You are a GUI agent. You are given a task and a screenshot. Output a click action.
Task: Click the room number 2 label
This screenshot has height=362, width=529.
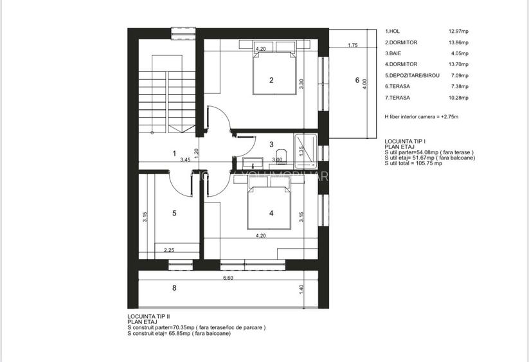(271, 80)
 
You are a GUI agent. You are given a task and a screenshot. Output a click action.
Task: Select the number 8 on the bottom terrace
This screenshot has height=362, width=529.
(174, 288)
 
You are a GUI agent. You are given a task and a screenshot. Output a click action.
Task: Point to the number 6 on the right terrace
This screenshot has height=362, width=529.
(357, 80)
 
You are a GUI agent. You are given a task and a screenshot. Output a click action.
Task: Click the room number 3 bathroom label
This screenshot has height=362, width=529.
(271, 144)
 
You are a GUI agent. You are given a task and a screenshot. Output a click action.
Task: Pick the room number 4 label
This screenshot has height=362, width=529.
(271, 213)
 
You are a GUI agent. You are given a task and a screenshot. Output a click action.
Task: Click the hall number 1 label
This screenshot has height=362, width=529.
(174, 153)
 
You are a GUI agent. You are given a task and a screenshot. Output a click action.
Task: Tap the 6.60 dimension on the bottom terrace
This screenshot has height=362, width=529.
(228, 278)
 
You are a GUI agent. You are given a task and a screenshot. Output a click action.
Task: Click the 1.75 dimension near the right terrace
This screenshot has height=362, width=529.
(352, 46)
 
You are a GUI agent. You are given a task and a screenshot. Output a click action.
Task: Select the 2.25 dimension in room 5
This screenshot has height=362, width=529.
(170, 250)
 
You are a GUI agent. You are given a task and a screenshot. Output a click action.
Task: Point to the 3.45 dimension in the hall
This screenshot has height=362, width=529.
(185, 159)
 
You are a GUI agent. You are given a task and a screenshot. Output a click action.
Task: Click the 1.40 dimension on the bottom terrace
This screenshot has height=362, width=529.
(301, 291)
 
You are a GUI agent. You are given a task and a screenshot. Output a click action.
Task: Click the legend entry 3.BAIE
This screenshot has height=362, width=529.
(393, 53)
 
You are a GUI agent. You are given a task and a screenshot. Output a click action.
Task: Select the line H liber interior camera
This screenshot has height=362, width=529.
(420, 118)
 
